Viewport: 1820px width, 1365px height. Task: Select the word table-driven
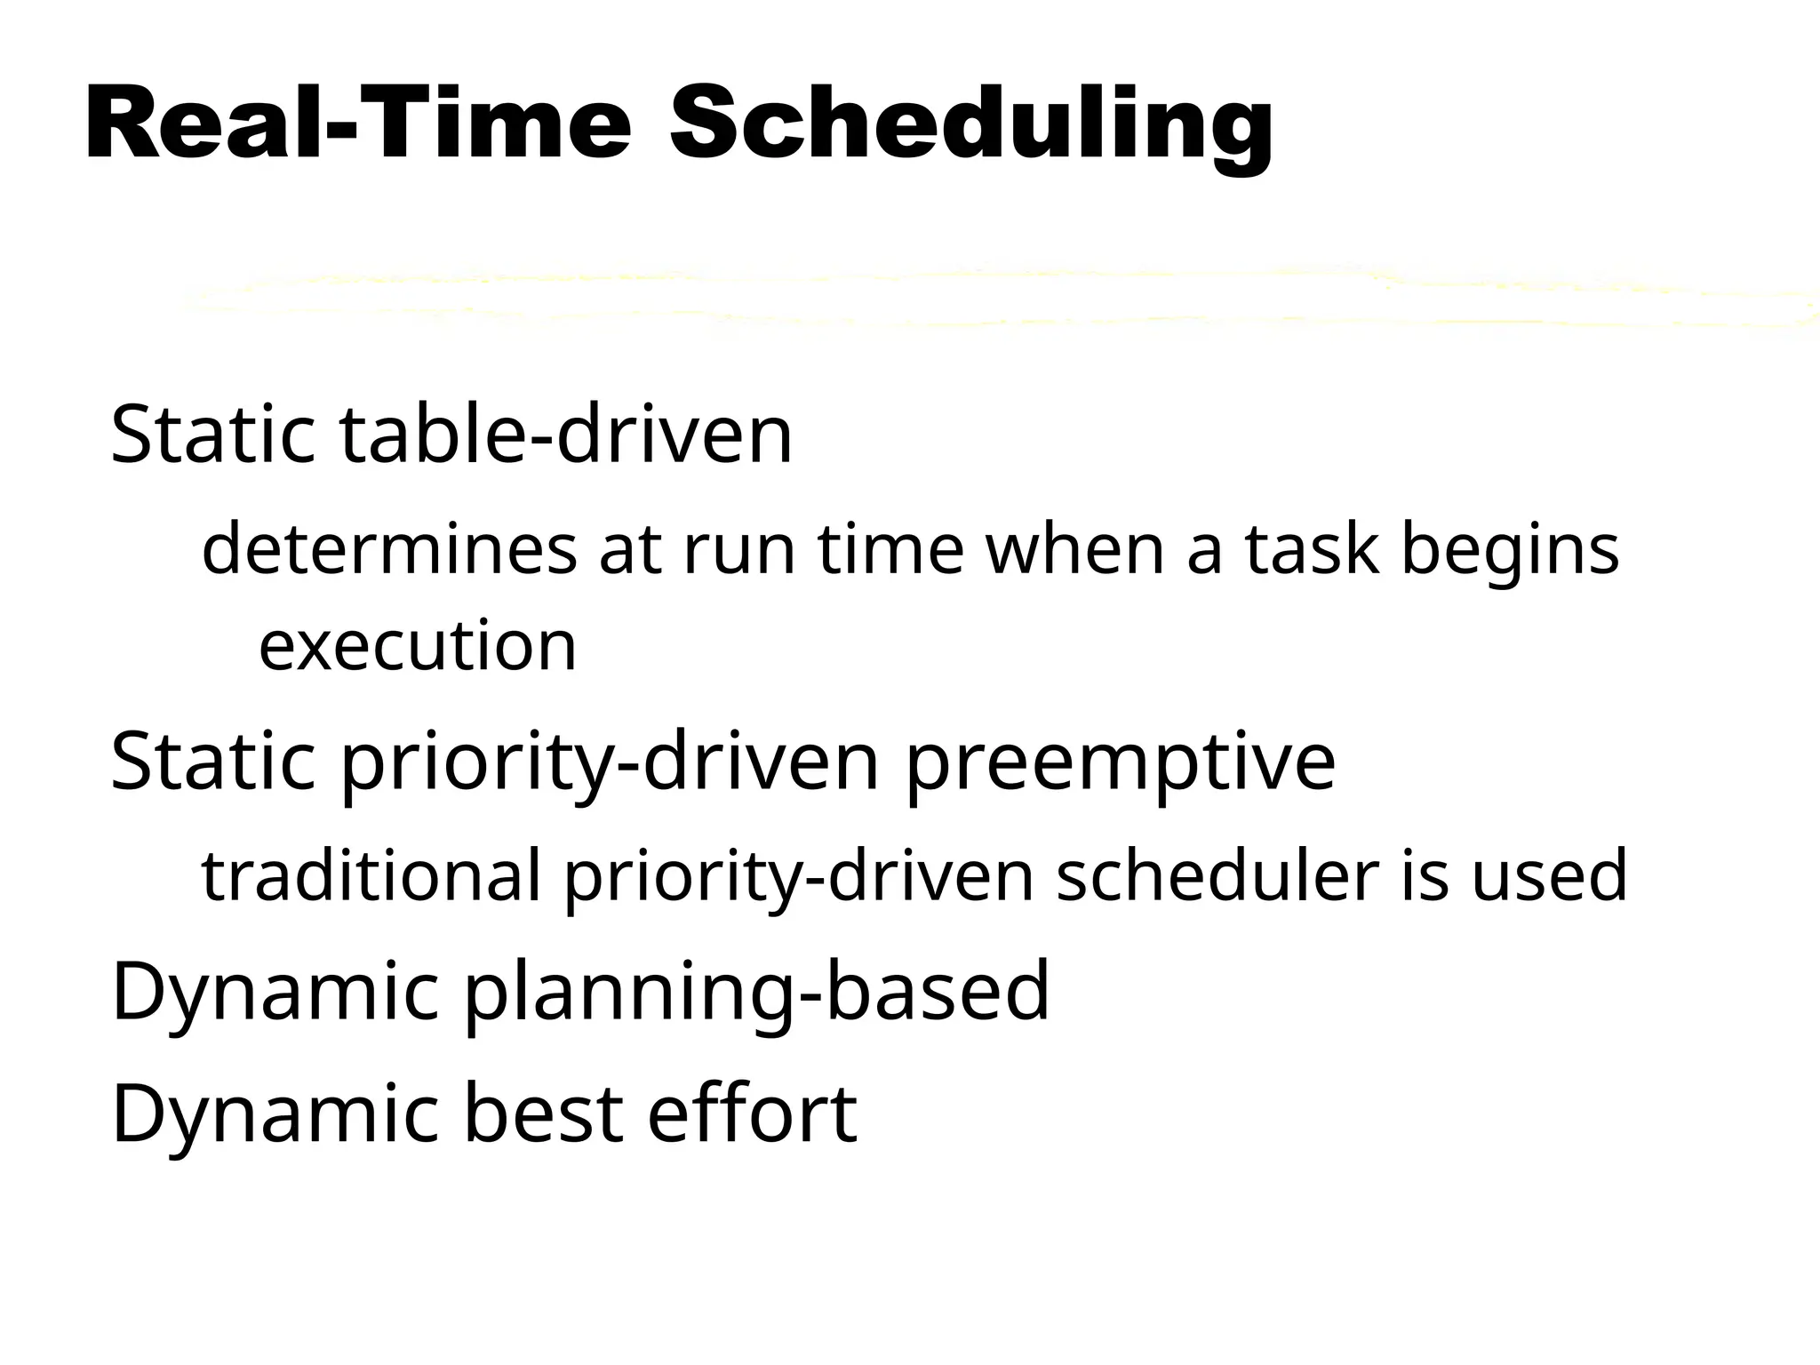point(566,435)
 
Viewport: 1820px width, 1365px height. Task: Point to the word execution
point(418,645)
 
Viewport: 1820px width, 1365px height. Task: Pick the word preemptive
point(1121,762)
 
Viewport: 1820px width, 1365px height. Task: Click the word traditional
point(371,875)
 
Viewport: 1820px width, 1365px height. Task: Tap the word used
point(1549,875)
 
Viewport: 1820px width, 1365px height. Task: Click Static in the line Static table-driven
point(213,435)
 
